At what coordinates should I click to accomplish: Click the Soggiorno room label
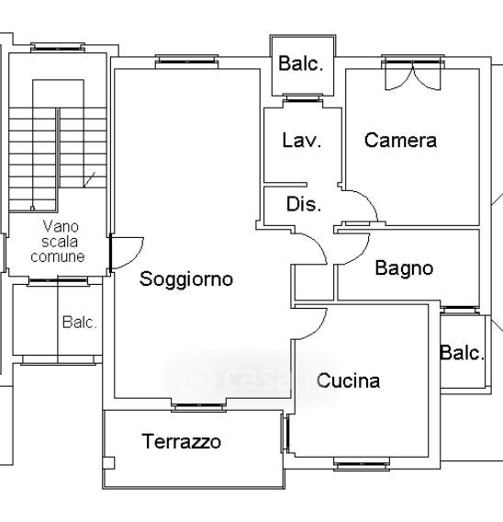185,279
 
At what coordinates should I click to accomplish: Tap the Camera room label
400,141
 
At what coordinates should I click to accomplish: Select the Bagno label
404,269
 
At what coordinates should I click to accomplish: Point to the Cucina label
348,380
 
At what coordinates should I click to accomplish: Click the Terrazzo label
181,441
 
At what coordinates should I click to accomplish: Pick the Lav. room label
302,141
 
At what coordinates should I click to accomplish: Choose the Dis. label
304,204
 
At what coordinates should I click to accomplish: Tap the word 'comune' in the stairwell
58,256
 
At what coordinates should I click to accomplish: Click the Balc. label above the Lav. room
300,63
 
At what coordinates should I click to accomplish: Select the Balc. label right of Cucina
462,353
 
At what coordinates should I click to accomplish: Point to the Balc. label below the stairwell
80,323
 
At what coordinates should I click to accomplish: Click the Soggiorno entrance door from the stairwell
127,253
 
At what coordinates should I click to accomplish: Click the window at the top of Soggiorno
186,62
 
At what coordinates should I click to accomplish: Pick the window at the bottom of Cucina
362,464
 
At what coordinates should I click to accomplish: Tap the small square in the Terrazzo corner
108,463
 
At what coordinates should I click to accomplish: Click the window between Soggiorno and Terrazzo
199,406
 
